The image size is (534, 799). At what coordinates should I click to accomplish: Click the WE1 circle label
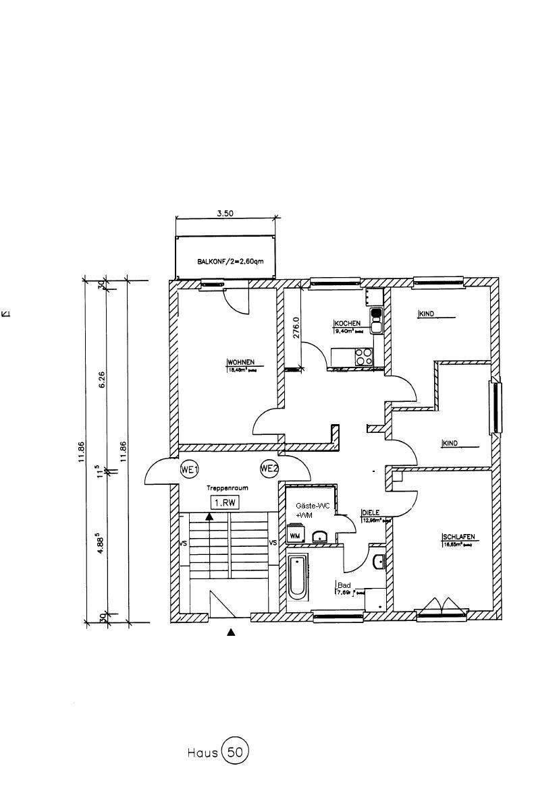pyautogui.click(x=188, y=469)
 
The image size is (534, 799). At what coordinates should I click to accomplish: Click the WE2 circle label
pyautogui.click(x=269, y=469)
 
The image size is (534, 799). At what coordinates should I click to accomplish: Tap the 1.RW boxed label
pyautogui.click(x=222, y=502)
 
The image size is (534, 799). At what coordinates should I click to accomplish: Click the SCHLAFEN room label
pyautogui.click(x=458, y=537)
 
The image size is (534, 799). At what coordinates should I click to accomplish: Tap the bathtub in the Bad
pyautogui.click(x=296, y=576)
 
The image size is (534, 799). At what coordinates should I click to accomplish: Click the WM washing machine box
pyautogui.click(x=295, y=535)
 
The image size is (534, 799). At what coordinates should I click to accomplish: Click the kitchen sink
pyautogui.click(x=376, y=319)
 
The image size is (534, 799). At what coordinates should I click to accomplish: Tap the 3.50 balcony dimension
pyautogui.click(x=225, y=213)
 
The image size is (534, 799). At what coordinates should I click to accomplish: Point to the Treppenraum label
pyautogui.click(x=224, y=487)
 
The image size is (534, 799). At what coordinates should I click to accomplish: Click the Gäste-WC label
pyautogui.click(x=309, y=505)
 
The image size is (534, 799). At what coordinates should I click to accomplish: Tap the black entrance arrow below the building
pyautogui.click(x=231, y=632)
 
